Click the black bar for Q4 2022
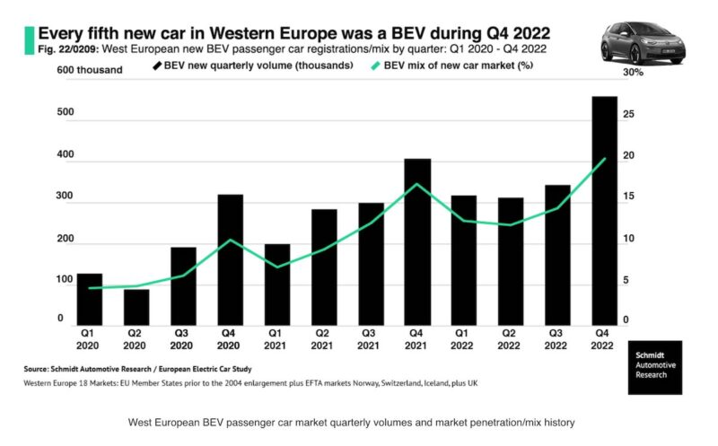(603, 211)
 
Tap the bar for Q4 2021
(416, 242)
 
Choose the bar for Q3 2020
(183, 286)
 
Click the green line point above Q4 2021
(416, 185)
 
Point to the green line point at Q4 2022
(603, 160)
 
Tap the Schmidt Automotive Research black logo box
(654, 367)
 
